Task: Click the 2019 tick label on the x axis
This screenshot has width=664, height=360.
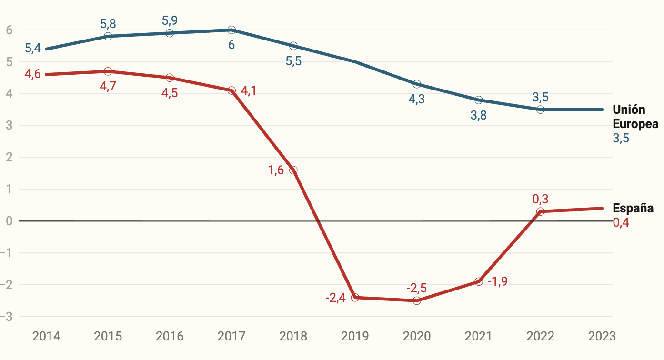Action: (x=355, y=336)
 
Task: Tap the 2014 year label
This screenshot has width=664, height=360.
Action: (x=46, y=336)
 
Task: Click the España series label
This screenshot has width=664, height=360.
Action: (x=633, y=208)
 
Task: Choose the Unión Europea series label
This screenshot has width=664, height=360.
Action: (x=635, y=117)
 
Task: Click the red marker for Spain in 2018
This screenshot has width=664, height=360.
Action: (x=293, y=170)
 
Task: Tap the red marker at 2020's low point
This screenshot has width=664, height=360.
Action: (x=417, y=300)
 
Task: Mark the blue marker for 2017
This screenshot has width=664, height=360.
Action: (x=231, y=30)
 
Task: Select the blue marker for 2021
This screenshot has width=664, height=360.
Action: (x=479, y=100)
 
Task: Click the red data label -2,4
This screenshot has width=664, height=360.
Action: (x=335, y=298)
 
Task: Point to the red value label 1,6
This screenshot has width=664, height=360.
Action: (x=276, y=170)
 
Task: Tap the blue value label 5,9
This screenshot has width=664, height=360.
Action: (x=170, y=20)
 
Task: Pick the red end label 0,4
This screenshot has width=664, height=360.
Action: (x=621, y=222)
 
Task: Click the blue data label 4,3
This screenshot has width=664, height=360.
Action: (x=417, y=100)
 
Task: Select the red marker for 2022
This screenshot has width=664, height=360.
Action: (x=540, y=211)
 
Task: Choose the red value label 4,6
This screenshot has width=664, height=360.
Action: (x=32, y=74)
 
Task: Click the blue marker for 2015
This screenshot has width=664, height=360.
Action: (x=108, y=36)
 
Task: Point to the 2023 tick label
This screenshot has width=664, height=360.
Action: (x=602, y=336)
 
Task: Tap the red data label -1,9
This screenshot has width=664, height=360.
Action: (x=498, y=281)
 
